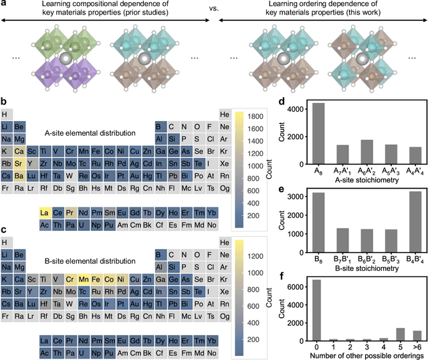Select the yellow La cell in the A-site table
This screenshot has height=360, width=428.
[x=45, y=212]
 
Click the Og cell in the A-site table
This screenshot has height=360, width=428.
[x=225, y=188]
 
